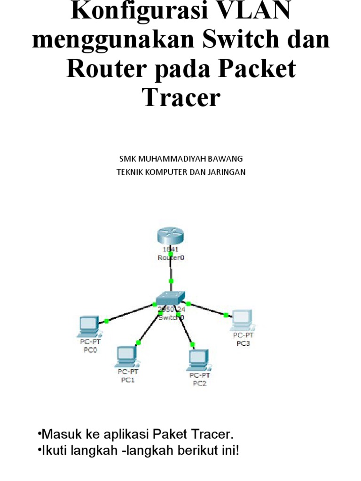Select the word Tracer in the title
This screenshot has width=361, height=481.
coord(180,97)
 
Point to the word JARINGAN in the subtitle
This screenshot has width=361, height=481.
coord(225,172)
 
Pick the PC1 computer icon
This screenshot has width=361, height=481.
coord(125,356)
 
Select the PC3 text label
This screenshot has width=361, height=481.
coord(243,343)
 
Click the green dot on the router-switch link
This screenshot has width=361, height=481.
coord(171,281)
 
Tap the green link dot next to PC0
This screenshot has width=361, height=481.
coord(107,321)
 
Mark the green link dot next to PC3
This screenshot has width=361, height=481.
coord(226,315)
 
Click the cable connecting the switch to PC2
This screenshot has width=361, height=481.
coord(185,328)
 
